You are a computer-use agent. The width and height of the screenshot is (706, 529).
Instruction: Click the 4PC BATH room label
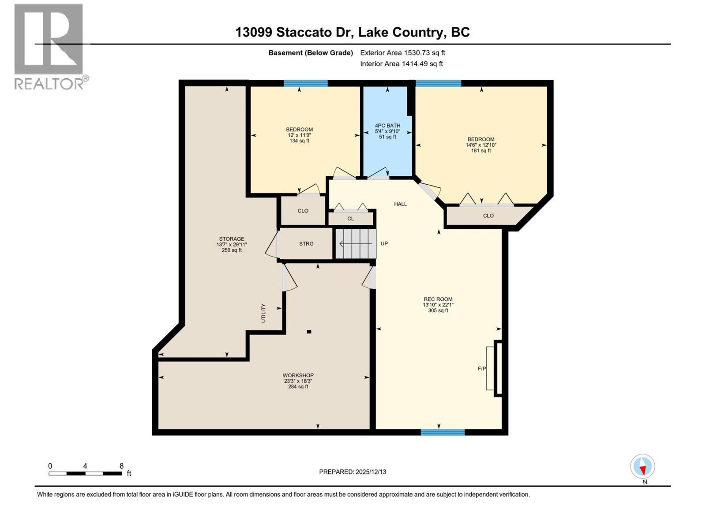(x=387, y=126)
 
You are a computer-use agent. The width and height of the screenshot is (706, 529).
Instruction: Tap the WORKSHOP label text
(x=298, y=376)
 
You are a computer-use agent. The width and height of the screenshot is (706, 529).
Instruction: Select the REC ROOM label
(x=438, y=299)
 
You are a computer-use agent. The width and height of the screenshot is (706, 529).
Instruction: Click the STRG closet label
(x=306, y=244)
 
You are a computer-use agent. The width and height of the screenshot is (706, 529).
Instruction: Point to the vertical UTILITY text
(x=263, y=313)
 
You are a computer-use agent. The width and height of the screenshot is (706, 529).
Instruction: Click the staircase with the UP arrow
(x=356, y=244)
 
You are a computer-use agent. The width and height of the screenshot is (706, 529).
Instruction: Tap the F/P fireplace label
(x=482, y=369)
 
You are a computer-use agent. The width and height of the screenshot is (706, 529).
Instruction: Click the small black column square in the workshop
(x=309, y=332)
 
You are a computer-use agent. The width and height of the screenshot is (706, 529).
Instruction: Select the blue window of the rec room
(x=443, y=432)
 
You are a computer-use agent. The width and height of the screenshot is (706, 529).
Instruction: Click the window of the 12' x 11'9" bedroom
(x=305, y=83)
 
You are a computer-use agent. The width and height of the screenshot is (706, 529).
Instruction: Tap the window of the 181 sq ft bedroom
(x=438, y=83)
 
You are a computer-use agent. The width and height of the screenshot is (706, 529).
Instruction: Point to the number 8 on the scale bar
(x=121, y=466)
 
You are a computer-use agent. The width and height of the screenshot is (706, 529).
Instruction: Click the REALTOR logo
(x=49, y=46)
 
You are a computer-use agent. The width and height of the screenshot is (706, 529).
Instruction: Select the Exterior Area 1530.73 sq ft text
(x=402, y=53)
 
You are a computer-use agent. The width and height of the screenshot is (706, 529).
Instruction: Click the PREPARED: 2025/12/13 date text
(x=353, y=472)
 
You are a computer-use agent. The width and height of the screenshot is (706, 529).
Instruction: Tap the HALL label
(x=400, y=204)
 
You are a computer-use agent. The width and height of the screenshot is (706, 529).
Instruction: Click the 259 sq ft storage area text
(x=232, y=250)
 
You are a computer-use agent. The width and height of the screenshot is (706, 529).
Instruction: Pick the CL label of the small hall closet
(x=350, y=219)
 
